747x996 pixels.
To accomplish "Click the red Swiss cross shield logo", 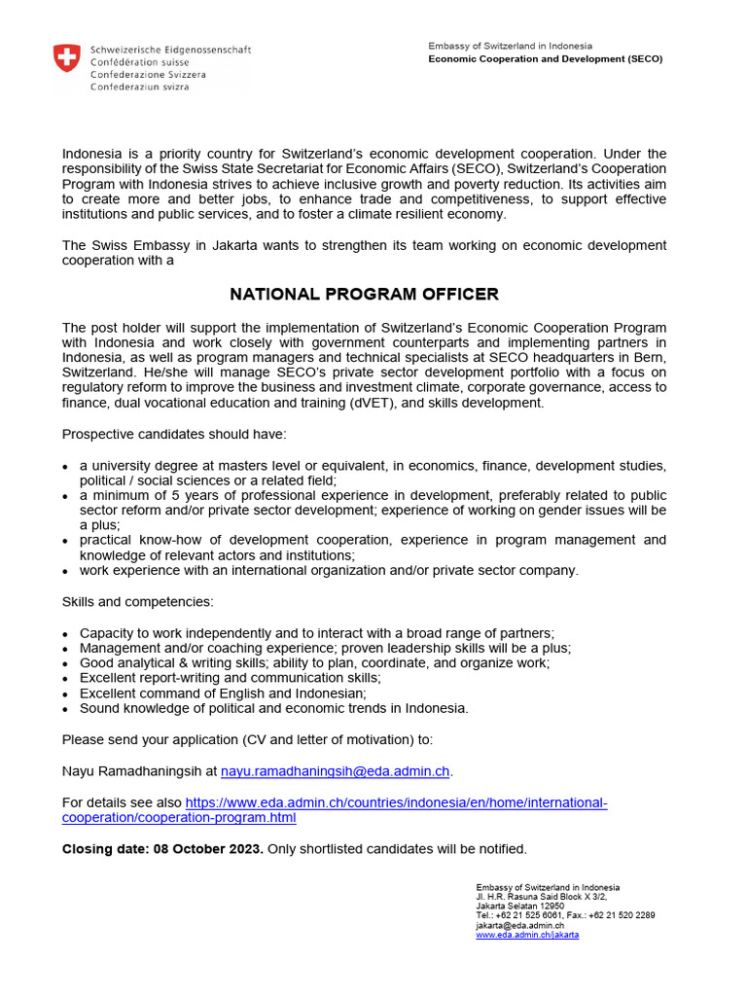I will (x=66, y=59).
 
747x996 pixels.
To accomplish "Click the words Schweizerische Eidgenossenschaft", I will (x=170, y=49).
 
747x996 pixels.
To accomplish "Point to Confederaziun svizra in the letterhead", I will (x=139, y=87).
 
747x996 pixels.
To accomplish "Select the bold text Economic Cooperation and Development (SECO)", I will (x=545, y=58).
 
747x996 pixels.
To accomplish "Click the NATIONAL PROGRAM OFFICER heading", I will (x=364, y=294).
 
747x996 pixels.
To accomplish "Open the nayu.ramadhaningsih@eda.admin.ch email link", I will (x=336, y=771).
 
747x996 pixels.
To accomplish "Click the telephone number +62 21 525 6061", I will (x=531, y=915).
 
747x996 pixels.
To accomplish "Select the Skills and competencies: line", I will (x=138, y=603).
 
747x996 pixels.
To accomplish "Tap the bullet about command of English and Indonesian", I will (x=223, y=693).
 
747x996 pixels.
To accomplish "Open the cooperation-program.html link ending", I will (x=179, y=818).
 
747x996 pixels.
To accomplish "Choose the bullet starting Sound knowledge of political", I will (x=273, y=708).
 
